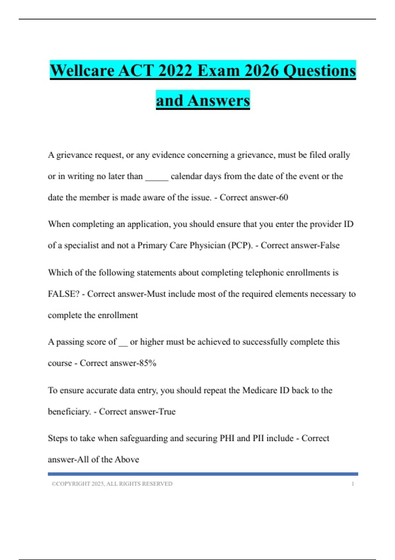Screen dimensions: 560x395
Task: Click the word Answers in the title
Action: click(219, 101)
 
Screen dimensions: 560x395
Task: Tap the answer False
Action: click(329, 245)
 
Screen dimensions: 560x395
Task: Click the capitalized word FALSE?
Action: click(64, 294)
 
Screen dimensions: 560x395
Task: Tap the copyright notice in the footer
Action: click(112, 484)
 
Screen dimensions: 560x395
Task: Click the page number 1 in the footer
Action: click(353, 484)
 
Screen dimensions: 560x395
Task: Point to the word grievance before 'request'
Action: click(74, 155)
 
